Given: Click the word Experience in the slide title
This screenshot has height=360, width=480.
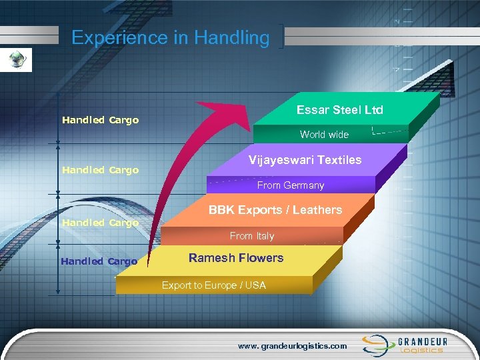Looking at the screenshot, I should [120, 38].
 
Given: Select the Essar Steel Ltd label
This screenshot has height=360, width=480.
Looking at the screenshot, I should [339, 110].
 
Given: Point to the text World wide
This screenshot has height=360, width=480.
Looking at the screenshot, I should [324, 135].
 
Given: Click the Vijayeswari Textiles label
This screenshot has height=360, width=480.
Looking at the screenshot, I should [305, 160].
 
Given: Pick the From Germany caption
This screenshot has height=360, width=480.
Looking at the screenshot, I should [291, 185].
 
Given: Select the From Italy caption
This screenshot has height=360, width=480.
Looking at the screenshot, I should [252, 236].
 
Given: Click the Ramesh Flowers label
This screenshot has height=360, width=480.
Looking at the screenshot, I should [236, 258].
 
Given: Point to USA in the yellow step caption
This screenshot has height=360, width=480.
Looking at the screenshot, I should [255, 285].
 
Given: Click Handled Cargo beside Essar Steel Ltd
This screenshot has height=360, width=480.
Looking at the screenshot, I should [100, 121].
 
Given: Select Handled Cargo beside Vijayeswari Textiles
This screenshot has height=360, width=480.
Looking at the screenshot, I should [100, 170].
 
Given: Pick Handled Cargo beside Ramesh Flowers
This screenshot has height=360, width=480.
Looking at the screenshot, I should [99, 261].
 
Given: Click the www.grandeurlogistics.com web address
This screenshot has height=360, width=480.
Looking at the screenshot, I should [293, 346].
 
